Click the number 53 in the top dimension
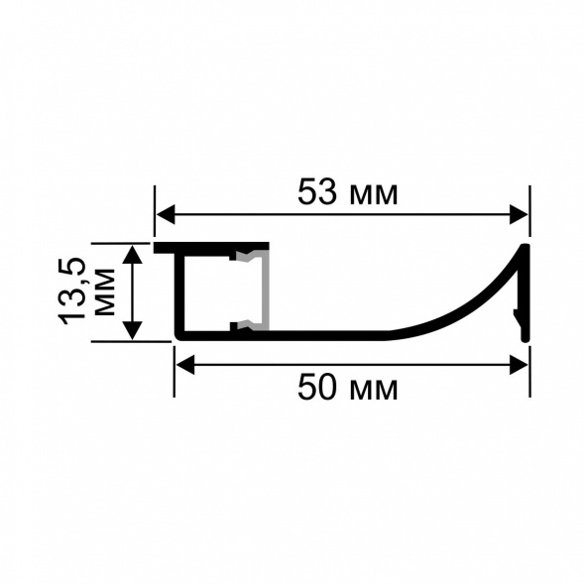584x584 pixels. point(317,192)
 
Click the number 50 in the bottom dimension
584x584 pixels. point(317,388)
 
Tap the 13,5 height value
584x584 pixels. point(72,291)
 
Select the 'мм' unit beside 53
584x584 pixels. point(374,196)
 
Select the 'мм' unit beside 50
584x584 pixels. point(374,392)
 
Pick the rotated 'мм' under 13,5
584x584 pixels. point(105,292)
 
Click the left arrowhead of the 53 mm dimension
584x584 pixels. point(166,214)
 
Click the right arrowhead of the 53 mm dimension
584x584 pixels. point(519,214)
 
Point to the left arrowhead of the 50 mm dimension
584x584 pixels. point(185,364)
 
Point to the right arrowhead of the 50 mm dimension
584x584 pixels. point(519,364)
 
